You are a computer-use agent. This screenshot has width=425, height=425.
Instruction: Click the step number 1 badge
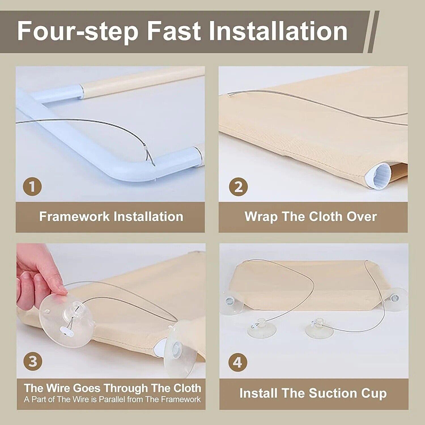coord(32,187)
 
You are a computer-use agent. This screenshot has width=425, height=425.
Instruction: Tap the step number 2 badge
coord(238,187)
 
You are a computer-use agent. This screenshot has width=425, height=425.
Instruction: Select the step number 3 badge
coord(33,362)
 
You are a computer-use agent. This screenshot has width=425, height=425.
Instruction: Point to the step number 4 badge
coord(238,362)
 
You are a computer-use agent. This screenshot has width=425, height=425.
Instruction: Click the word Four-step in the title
coord(78,31)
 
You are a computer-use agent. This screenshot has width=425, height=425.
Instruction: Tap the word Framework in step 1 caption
coord(74,216)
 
